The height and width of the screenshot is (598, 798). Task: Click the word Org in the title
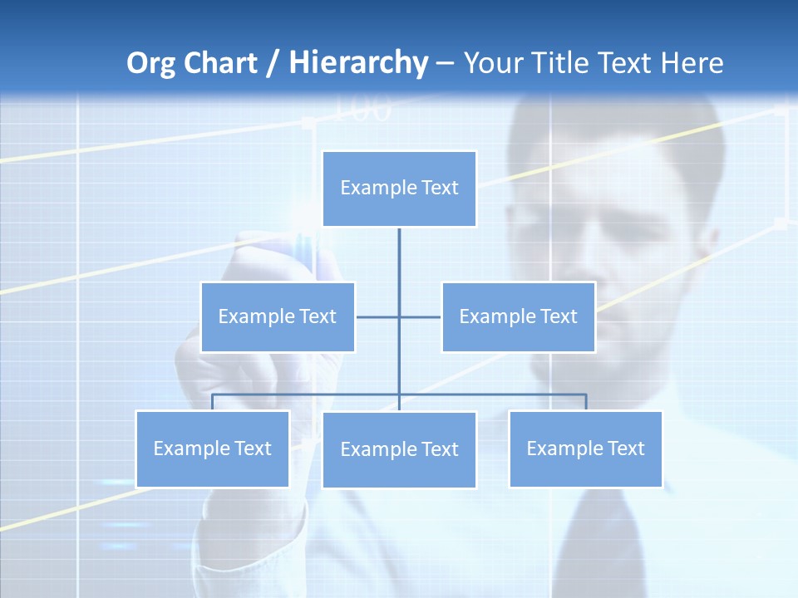[152, 63]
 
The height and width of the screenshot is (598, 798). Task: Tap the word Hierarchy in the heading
[357, 63]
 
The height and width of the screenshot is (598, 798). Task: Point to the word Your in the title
[495, 63]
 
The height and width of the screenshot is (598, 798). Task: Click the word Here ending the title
[692, 63]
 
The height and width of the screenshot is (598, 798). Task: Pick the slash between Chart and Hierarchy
[272, 64]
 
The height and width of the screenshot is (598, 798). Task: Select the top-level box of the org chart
[399, 189]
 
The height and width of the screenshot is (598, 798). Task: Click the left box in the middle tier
[278, 316]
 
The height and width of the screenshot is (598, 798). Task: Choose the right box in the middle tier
[518, 316]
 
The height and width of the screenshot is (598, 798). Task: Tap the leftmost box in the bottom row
[212, 448]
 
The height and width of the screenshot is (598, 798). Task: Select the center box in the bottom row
[399, 449]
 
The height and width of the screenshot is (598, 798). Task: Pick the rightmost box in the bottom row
[585, 448]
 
